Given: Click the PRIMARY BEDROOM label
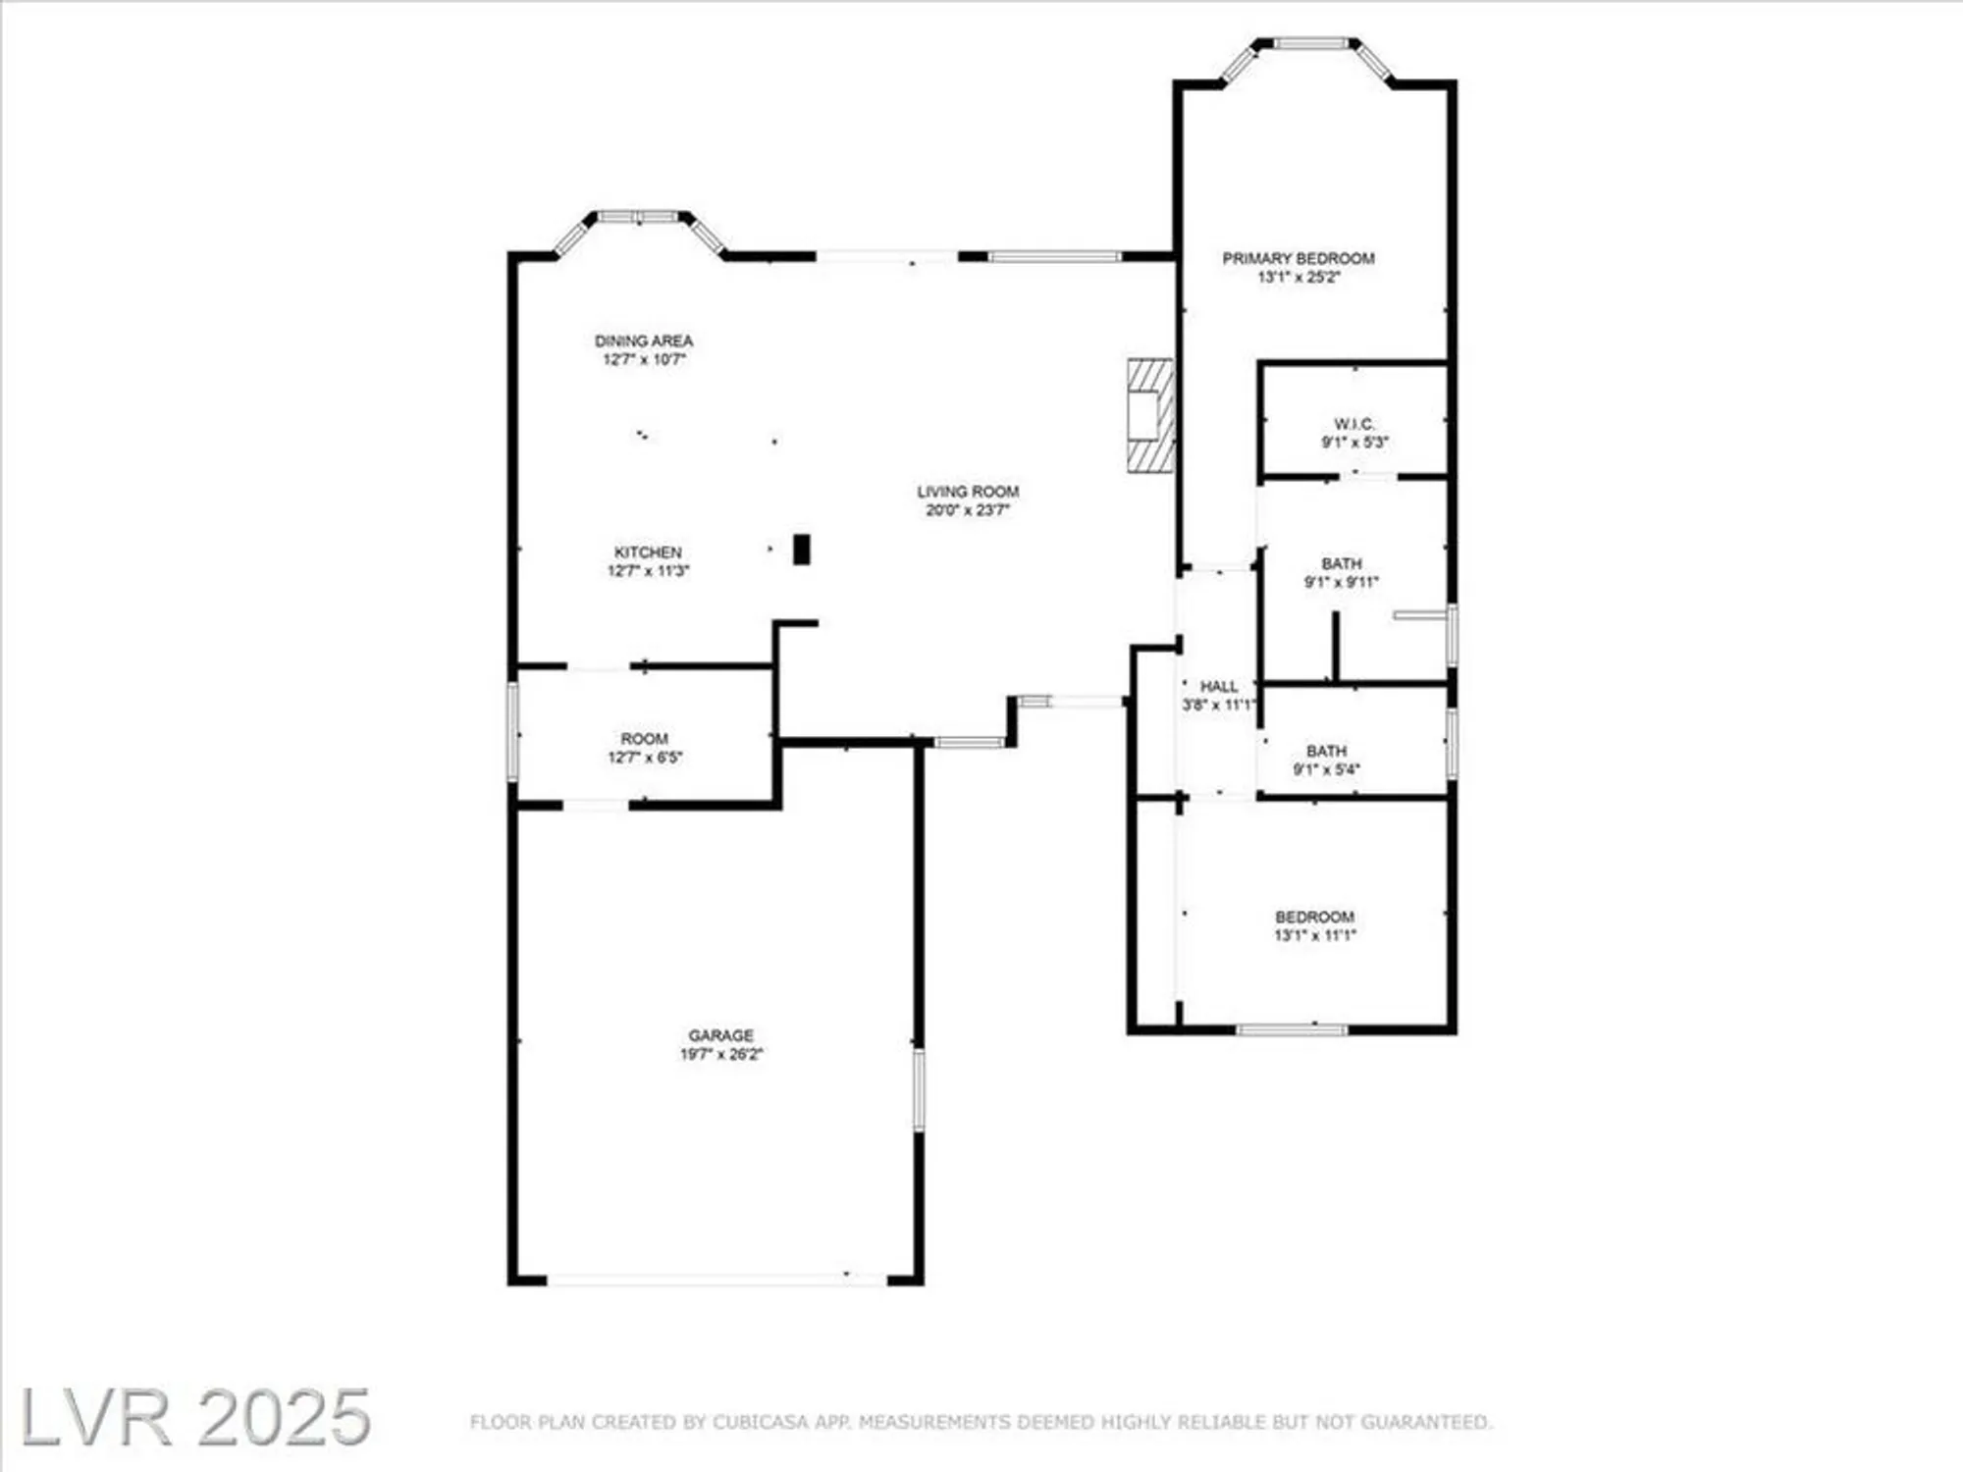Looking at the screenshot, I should tap(1298, 258).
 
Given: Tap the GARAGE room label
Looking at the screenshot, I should tap(720, 1035).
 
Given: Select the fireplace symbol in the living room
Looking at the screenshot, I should tap(1150, 416).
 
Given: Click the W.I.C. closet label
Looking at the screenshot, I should tap(1353, 424).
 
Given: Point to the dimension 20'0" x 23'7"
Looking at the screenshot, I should tap(967, 510).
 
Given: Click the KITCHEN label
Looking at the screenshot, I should tap(648, 552).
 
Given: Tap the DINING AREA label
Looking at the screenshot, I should tap(644, 341).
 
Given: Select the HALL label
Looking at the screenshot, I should tap(1219, 686).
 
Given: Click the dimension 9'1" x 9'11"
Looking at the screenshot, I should tap(1341, 582).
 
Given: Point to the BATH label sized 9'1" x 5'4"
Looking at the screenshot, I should tap(1326, 751).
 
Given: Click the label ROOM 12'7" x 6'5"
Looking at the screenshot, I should tap(644, 739).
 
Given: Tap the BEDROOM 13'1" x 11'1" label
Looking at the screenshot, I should tap(1314, 917).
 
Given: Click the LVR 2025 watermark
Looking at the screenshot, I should tap(194, 1417).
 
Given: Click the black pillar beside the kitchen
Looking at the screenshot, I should tap(802, 549).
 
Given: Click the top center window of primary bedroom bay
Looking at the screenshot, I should tap(1311, 43).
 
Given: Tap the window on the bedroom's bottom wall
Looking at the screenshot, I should tap(1292, 1029).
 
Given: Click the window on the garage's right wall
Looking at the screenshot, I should tap(919, 1089).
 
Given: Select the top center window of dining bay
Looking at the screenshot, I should tap(639, 217).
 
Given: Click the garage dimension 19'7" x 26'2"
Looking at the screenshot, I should tap(720, 1054).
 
